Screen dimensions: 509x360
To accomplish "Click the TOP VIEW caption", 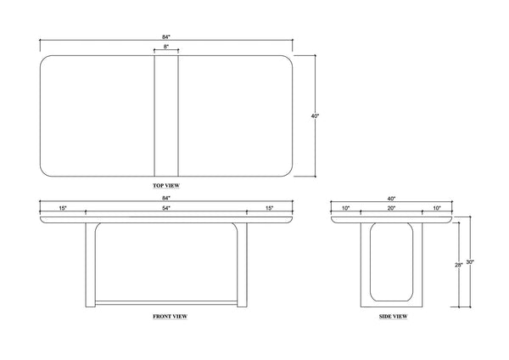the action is click(x=166, y=186).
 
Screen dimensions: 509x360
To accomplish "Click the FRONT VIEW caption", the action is click(x=171, y=317).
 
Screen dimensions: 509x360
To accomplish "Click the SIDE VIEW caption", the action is click(x=393, y=317).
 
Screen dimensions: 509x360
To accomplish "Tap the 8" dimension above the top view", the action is click(x=166, y=47).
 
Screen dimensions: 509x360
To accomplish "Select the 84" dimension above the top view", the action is click(x=166, y=37).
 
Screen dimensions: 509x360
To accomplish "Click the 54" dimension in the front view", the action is click(x=166, y=208).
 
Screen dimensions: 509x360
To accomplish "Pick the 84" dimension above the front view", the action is click(x=166, y=198).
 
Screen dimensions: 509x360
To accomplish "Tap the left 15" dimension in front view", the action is click(x=63, y=208).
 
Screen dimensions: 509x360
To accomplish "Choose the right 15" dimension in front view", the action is click(x=270, y=208).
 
